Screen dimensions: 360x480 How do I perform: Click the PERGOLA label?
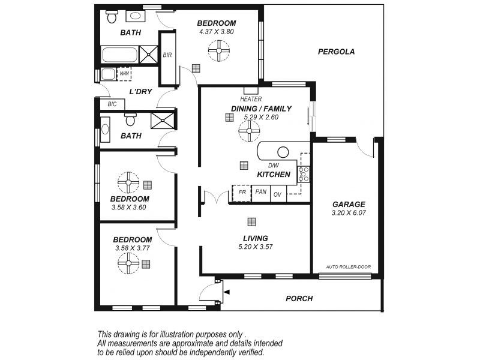(x=336, y=52)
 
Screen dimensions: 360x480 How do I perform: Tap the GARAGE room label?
(x=348, y=204)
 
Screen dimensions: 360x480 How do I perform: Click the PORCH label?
(x=299, y=298)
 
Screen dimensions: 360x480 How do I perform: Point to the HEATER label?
(x=250, y=99)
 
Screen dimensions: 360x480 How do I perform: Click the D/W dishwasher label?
(x=274, y=165)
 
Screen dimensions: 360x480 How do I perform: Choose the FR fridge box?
(x=242, y=193)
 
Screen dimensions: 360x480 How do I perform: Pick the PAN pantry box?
(x=260, y=192)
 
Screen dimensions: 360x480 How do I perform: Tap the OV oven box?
(x=278, y=194)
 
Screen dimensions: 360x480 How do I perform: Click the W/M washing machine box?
(x=125, y=74)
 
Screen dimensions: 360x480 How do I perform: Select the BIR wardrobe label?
(x=167, y=55)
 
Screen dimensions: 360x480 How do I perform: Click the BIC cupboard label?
(x=112, y=104)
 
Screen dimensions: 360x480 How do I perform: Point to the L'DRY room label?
(x=141, y=92)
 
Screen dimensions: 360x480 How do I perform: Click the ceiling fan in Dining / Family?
(x=248, y=131)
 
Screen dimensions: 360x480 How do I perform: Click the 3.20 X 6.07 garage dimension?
(x=348, y=213)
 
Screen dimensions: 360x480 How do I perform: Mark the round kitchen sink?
(x=283, y=152)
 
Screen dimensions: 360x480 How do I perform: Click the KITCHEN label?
(x=274, y=175)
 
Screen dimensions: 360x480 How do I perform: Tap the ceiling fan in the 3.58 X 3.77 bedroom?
(x=128, y=263)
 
